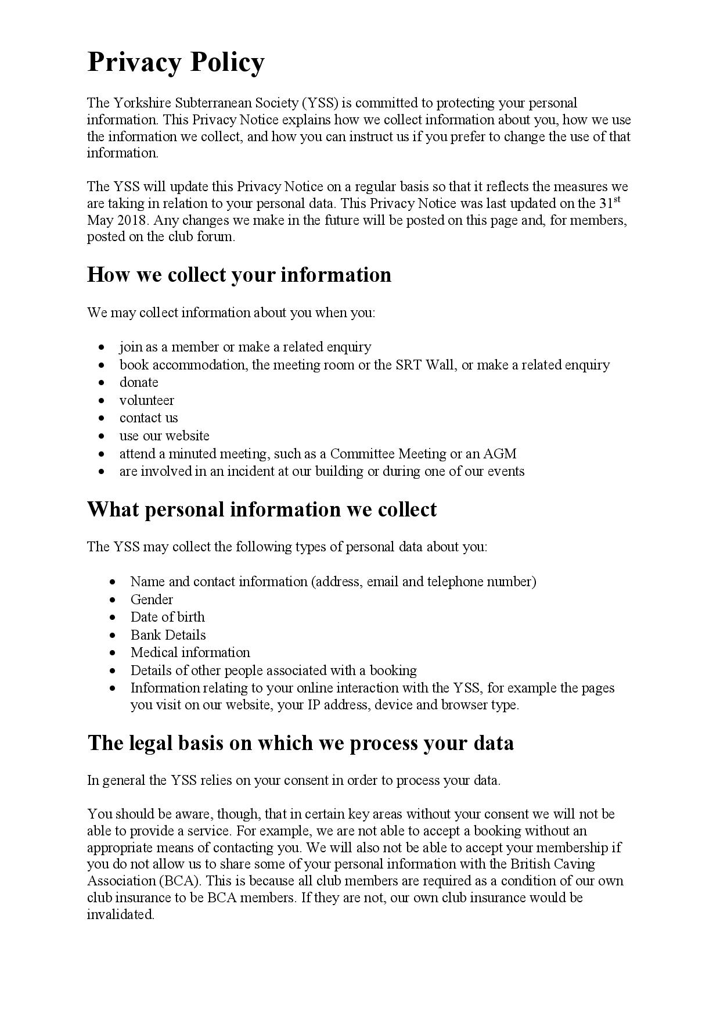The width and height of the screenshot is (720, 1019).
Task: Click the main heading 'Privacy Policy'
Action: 175,63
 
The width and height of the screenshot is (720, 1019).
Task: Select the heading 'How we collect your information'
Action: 239,275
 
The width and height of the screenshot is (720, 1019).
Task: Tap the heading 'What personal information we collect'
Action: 261,509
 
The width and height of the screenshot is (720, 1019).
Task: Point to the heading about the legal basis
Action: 300,743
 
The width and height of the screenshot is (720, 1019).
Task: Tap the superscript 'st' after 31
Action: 617,199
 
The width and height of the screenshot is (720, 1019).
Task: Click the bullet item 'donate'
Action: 139,382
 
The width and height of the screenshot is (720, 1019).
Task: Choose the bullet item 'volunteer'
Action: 146,400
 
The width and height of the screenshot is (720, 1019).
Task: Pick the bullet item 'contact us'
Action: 149,418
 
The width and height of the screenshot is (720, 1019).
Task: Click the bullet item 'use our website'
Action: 164,436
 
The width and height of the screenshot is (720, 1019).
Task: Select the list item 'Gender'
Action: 152,600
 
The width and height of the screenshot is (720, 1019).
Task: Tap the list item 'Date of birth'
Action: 167,617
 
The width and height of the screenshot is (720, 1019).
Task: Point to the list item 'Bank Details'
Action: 168,635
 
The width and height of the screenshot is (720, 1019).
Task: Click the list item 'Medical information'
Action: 190,652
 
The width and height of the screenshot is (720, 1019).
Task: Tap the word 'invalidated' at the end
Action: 120,914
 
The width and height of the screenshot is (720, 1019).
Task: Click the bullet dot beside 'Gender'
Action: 113,600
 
